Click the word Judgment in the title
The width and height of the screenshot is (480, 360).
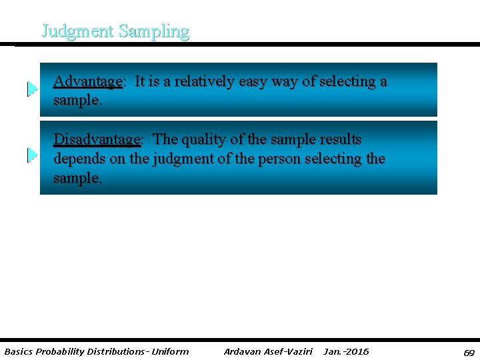click(77, 31)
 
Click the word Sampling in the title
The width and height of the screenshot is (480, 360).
click(154, 31)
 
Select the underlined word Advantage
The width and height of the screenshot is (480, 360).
click(87, 82)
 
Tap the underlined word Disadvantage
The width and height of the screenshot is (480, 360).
click(97, 140)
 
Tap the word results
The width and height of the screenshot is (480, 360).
click(341, 140)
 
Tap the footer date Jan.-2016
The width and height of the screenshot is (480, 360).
click(346, 351)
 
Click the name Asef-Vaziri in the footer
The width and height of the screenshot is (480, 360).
click(287, 351)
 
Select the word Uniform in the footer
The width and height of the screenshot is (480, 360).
click(170, 351)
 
